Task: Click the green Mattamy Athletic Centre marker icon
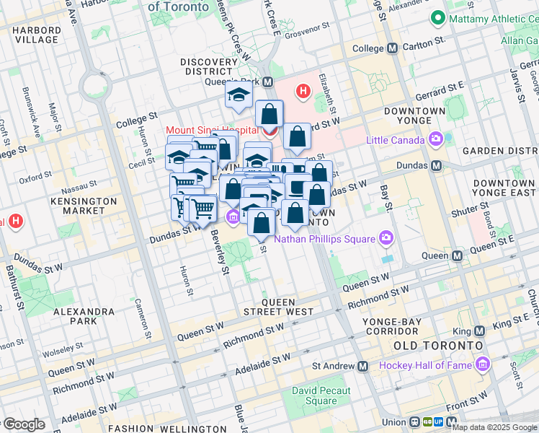point(436,18)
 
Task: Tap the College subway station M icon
point(392,48)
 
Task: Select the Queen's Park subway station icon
point(267,82)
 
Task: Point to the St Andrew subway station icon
point(362,366)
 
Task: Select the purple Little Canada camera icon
point(435,139)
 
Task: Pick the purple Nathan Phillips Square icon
point(387,239)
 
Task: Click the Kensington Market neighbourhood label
point(84,206)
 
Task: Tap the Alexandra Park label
point(84,316)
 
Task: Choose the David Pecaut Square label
point(321,395)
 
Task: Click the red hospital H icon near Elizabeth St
point(303,92)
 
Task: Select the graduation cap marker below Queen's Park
point(238,95)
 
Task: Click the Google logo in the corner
point(24,425)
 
